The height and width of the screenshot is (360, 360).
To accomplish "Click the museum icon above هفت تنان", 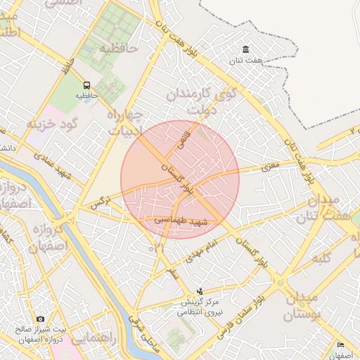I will (x=245, y=49).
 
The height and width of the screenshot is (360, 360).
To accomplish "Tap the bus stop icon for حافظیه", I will (x=86, y=84).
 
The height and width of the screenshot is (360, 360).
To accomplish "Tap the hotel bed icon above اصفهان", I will (x=341, y=345).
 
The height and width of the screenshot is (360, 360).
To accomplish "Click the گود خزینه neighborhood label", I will (x=50, y=124).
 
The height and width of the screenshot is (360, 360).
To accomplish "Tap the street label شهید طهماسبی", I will (x=181, y=221).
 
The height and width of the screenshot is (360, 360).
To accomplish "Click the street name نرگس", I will (x=97, y=202).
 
